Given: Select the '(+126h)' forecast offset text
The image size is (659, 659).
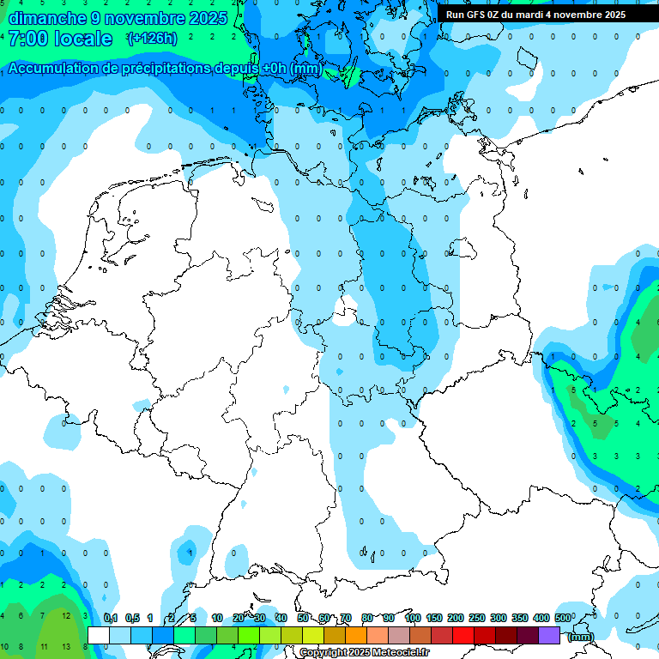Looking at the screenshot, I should (152, 39).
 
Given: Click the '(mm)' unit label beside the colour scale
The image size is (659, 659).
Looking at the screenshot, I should (580, 637).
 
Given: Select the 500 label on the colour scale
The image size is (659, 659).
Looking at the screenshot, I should (563, 618).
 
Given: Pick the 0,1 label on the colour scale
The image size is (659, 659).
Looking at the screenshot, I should (111, 618).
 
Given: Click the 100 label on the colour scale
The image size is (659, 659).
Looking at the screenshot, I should (413, 618).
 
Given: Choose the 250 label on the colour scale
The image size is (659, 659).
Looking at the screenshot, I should (477, 618).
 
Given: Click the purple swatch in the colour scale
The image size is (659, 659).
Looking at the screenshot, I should (549, 635).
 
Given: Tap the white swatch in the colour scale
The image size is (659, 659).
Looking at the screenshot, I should (99, 635).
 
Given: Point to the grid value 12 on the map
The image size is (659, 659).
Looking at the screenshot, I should (65, 616).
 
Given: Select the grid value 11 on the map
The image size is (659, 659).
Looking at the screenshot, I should (44, 646).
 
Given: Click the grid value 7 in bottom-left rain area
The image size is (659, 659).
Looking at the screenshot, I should (43, 616).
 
